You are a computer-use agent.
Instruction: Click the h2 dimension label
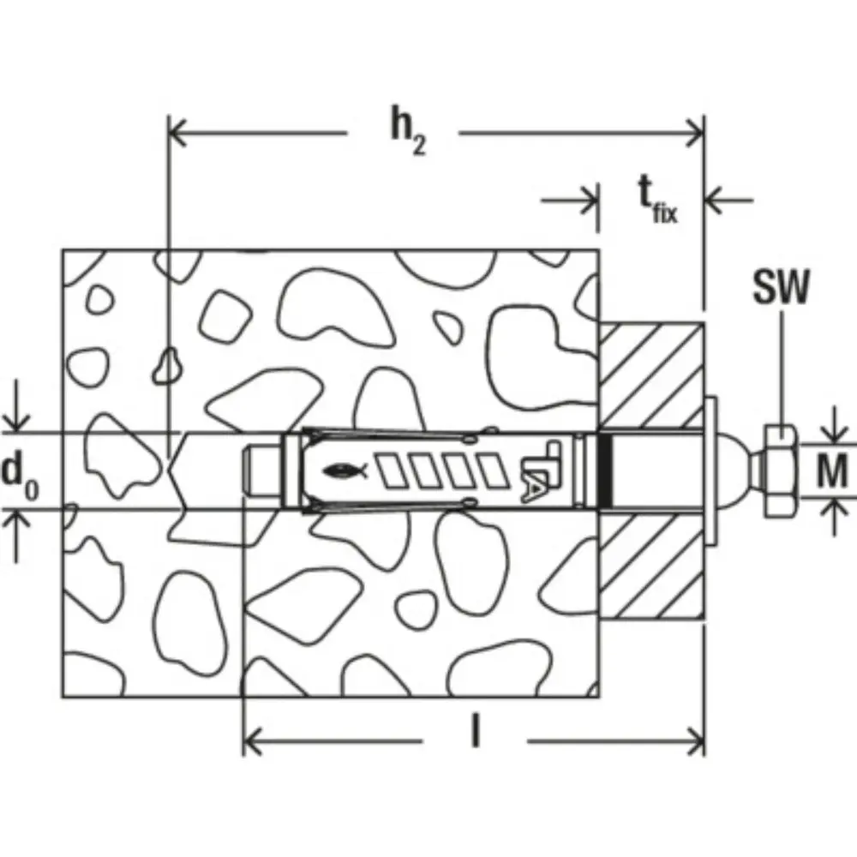click(x=408, y=131)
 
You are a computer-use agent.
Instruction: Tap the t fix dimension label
click(x=658, y=200)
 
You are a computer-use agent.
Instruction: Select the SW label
click(x=781, y=287)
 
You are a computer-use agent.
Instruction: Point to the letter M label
click(x=832, y=470)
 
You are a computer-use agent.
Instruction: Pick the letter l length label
click(x=476, y=732)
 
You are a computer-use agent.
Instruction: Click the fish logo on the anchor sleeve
click(x=345, y=470)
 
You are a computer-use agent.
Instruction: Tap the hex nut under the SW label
click(x=781, y=470)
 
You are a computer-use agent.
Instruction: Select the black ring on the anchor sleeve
click(x=604, y=470)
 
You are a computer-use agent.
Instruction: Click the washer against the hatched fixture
click(x=710, y=470)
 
